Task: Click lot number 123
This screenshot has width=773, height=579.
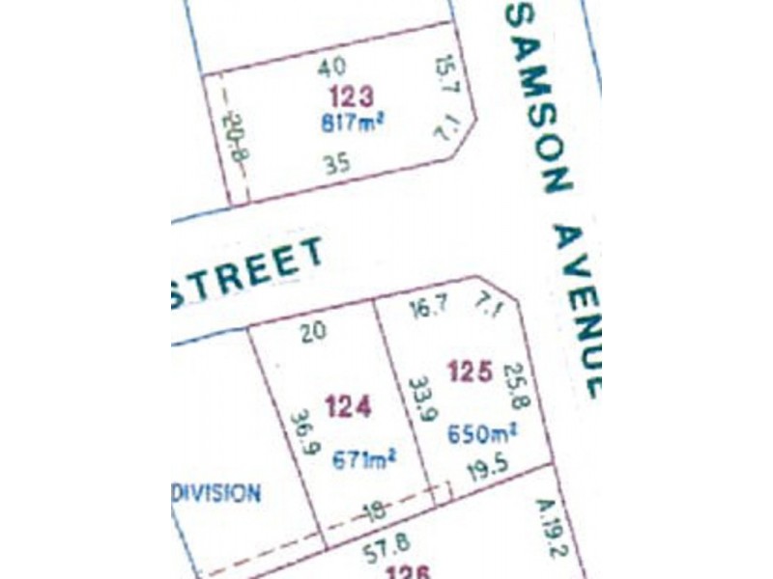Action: [x=351, y=96]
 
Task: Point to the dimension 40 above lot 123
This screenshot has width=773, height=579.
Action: [x=331, y=68]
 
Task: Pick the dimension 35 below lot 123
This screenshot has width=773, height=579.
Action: [x=337, y=165]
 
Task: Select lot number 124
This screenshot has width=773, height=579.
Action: [x=348, y=406]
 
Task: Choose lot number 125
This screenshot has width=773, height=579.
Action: [x=472, y=370]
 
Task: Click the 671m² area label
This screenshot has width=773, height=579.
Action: [x=365, y=460]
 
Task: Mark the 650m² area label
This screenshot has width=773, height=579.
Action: [x=482, y=433]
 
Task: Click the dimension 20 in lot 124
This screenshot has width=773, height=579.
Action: [x=313, y=331]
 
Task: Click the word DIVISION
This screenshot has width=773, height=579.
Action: [x=217, y=493]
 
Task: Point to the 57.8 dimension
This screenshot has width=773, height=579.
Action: [x=382, y=551]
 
